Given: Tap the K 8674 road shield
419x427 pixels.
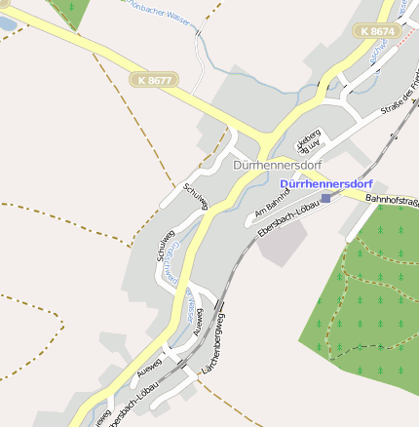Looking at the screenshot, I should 377,31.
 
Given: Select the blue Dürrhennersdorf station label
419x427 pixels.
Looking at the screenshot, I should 325,183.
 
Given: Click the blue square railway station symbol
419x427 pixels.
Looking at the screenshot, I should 325,198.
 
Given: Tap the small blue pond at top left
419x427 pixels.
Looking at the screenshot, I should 7,23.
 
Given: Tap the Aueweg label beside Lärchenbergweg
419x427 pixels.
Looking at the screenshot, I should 201,321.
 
